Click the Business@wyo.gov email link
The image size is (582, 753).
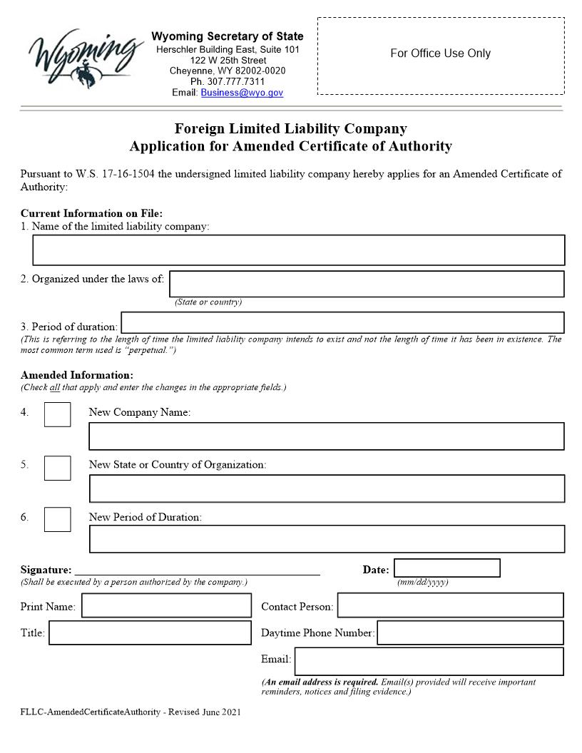click(x=242, y=93)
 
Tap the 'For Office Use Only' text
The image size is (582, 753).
click(x=440, y=53)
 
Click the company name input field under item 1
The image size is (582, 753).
click(x=298, y=250)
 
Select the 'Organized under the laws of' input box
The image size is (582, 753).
click(x=366, y=284)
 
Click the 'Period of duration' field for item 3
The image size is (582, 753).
click(x=342, y=322)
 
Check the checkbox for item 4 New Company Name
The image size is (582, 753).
click(x=57, y=414)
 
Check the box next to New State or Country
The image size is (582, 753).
click(x=57, y=468)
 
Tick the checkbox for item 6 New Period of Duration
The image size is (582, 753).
click(x=57, y=519)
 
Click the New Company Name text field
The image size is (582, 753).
click(x=326, y=436)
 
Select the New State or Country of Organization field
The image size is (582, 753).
click(x=326, y=488)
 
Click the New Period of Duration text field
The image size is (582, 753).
click(x=326, y=539)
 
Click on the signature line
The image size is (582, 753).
click(x=197, y=569)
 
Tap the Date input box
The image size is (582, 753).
click(x=446, y=568)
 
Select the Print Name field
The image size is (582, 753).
click(x=166, y=606)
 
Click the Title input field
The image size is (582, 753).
click(x=150, y=632)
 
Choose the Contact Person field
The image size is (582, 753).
click(x=450, y=605)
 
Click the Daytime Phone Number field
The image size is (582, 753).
click(x=470, y=632)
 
